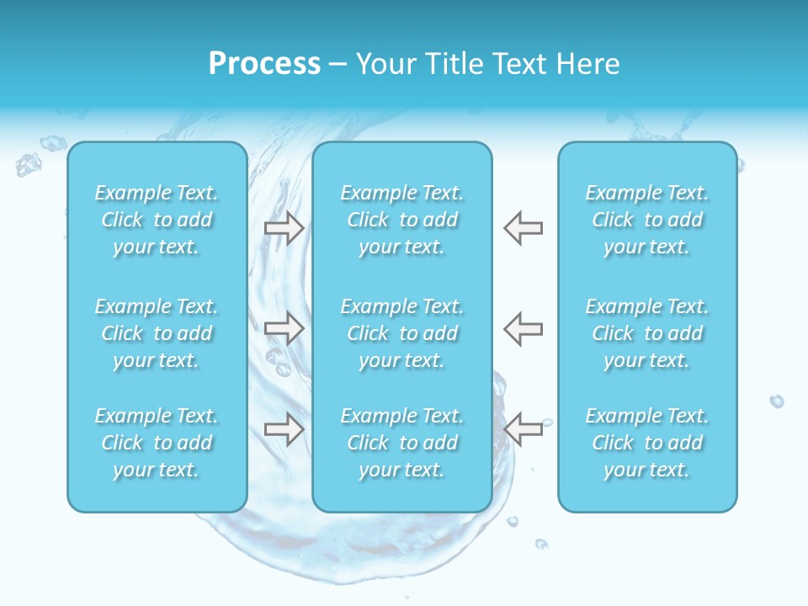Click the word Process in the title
pos(264,64)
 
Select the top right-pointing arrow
pos(284,227)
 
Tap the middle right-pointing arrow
pos(284,327)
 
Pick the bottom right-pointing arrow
pos(284,429)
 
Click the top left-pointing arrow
pos(524,227)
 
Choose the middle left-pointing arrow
pos(524,327)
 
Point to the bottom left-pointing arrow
pos(524,429)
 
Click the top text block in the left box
pos(157,220)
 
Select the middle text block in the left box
pos(157,333)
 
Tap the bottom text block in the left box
pos(157,443)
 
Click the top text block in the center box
pos(402,220)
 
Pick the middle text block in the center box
pos(402,333)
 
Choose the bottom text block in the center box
pos(402,443)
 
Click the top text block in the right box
pos(647,220)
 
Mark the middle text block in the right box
pos(647,333)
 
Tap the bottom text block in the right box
pos(647,443)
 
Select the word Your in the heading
pos(386,64)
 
